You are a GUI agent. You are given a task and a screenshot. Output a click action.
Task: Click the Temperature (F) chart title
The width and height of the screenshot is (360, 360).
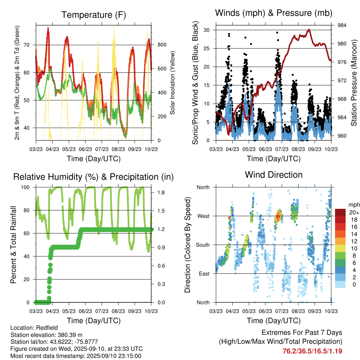pos(94,15)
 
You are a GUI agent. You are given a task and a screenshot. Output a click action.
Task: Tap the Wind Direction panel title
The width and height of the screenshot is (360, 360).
pos(274,175)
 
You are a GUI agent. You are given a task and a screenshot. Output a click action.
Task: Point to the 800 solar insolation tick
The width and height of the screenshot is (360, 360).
pos(162,45)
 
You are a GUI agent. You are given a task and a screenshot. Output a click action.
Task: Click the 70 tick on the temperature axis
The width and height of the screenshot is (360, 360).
pos(30,45)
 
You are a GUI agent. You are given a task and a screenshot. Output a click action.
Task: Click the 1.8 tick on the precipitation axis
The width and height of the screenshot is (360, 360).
pos(162,193)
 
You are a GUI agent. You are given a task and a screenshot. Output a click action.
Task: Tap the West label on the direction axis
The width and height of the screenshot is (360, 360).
pos(203,216)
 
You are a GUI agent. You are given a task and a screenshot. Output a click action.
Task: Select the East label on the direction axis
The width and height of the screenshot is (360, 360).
pos(204,274)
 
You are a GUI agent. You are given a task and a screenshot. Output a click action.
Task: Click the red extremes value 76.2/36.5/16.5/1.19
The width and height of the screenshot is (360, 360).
pos(312,351)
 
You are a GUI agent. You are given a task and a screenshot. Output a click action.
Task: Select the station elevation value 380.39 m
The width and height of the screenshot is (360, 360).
pos(69,335)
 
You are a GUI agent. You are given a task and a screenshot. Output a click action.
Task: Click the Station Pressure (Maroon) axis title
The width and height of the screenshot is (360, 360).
pos(354,83)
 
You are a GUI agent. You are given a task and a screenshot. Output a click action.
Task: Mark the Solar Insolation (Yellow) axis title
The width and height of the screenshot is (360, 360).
pos(173,83)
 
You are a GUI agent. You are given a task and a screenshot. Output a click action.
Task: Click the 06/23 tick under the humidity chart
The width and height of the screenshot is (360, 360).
pos(85,311)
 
